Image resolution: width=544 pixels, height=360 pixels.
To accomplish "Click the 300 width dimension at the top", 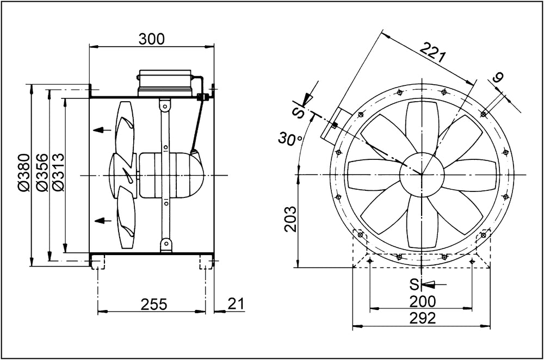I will click(x=151, y=38).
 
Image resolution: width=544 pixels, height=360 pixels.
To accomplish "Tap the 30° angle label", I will click(x=290, y=139).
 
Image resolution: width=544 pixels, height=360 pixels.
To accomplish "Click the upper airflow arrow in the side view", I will click(x=98, y=130).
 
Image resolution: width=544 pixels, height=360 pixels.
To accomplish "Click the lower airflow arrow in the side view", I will click(x=98, y=220).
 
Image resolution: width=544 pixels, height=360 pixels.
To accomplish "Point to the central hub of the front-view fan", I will click(x=422, y=175).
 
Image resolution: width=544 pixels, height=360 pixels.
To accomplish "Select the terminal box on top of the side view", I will click(x=165, y=83).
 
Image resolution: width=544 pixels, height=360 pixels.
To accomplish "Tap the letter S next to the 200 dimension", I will click(x=413, y=284).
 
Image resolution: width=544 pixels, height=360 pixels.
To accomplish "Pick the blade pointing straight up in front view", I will click(x=422, y=131).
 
